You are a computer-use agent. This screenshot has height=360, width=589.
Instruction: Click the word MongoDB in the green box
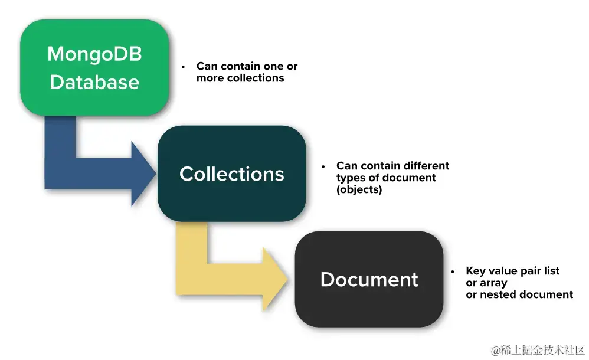point(94,54)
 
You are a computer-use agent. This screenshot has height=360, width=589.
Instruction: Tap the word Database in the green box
point(94,82)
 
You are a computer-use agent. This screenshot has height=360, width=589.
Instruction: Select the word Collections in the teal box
point(231,174)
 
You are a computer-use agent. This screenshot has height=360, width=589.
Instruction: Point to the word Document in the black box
point(369,279)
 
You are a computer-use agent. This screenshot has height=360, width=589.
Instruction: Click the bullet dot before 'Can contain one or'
point(184,67)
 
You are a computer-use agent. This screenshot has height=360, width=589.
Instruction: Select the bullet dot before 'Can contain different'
point(323,166)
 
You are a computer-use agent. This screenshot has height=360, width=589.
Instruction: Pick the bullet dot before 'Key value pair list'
point(453,271)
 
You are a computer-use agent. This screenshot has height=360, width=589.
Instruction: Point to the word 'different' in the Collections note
point(425,166)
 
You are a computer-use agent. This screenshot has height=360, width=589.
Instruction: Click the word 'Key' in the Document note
point(476,271)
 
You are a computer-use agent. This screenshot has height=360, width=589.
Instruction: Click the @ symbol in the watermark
point(496,350)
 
